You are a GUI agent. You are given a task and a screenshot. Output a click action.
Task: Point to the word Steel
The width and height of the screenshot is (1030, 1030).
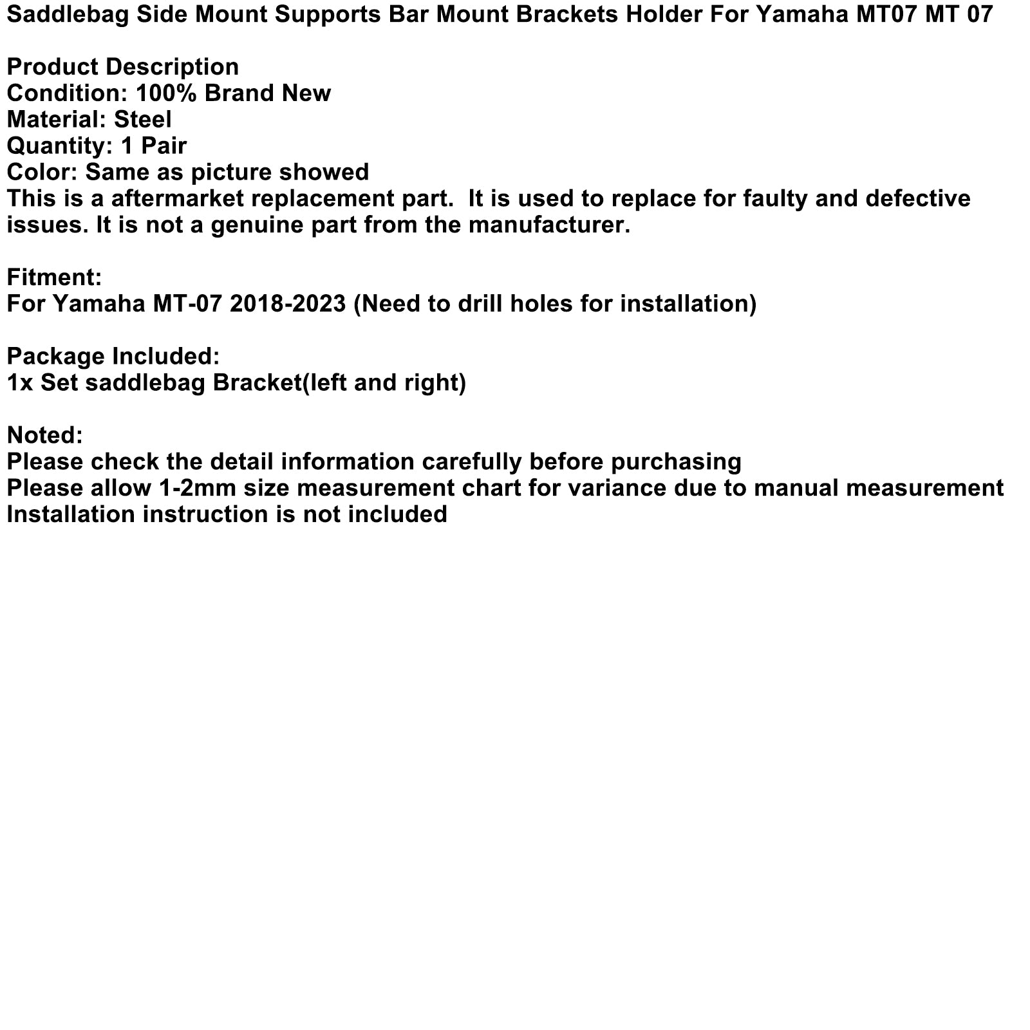[x=143, y=120]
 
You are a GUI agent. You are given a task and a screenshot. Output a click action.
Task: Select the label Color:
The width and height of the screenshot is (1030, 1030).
[x=42, y=173]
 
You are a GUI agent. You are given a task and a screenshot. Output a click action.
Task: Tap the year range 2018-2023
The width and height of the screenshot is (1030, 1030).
[x=288, y=304]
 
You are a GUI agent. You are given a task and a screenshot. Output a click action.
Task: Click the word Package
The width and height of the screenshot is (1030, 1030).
[x=56, y=357]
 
